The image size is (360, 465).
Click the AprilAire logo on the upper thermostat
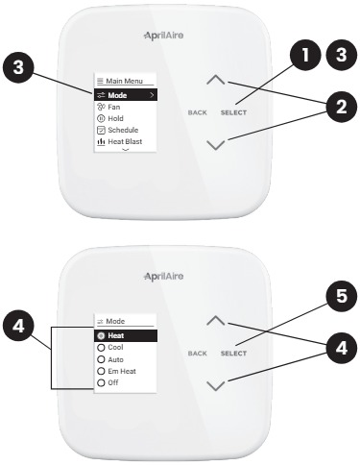163,36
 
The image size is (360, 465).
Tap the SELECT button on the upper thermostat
233,112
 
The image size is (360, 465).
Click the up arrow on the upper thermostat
216,80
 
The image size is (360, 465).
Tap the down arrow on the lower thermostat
216,386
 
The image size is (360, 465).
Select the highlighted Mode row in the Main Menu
126,95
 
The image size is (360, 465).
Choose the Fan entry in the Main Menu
108,107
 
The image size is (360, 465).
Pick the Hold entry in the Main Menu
109,118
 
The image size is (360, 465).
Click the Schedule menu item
117,130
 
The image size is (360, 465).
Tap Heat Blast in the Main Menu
119,141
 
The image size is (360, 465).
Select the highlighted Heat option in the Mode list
126,335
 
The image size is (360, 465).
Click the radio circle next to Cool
101,348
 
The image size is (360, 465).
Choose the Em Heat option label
122,371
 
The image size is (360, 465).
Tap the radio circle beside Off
101,382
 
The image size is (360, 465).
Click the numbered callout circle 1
305,55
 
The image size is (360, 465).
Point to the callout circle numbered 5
342,296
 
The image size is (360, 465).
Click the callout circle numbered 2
342,107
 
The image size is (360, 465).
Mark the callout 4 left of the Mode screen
18,327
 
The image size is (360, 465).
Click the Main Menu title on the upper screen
124,81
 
